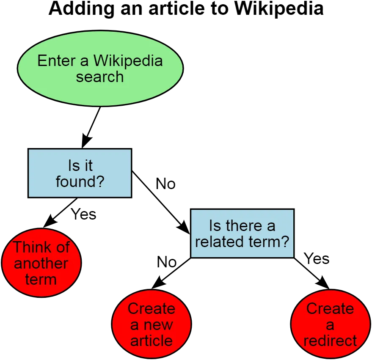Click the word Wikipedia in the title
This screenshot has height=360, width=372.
279,8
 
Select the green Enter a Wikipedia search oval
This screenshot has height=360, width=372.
100,68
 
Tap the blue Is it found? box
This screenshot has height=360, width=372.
80,173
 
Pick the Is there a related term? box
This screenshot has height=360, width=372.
242,234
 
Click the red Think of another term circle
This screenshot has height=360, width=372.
41,263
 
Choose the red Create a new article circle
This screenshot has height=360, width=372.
152,324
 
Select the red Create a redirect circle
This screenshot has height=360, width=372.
330,324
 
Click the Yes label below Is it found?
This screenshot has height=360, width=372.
83,214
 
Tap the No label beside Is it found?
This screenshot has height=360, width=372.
165,184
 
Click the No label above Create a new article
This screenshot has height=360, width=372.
167,262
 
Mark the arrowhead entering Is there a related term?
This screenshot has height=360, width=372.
184,227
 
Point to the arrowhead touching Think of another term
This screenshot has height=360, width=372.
50,222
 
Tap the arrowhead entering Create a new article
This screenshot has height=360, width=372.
158,283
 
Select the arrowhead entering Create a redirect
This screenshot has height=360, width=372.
323,283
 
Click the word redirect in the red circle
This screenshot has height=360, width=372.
330,341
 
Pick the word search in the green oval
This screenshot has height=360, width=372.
100,77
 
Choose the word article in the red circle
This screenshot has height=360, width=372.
152,341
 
